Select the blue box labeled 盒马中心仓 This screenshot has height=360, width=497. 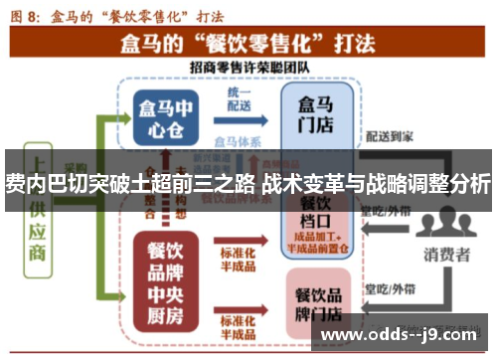(164, 116)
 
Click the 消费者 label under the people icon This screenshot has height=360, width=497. (448, 255)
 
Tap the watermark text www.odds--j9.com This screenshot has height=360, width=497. (405, 335)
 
